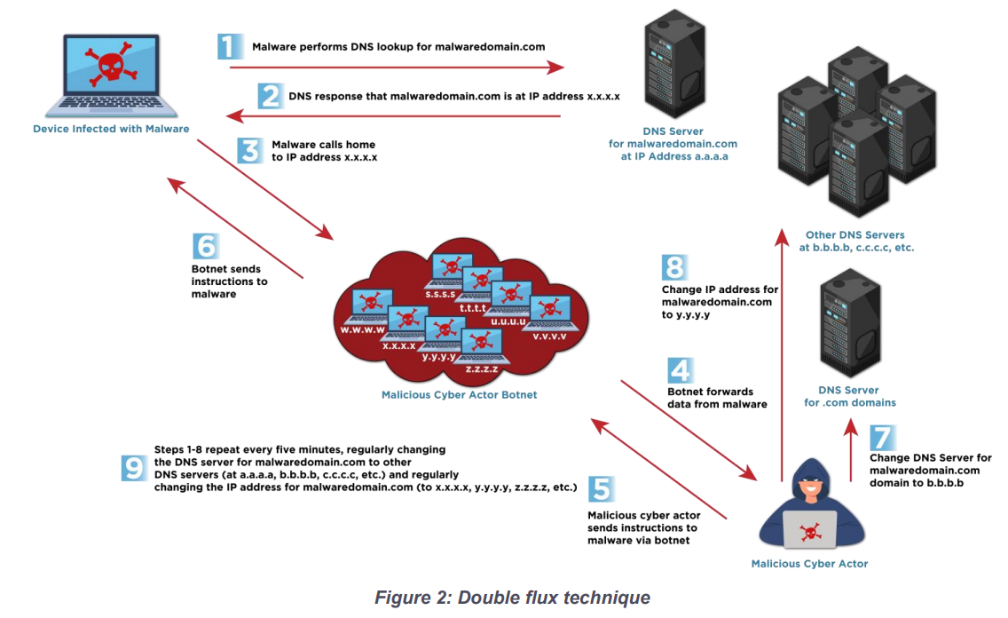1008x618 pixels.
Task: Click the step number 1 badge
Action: click(x=230, y=46)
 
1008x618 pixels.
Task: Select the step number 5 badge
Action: click(x=601, y=488)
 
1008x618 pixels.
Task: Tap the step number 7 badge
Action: click(x=883, y=438)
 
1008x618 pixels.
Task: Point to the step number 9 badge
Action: click(x=134, y=468)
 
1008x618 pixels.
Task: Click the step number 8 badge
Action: click(x=675, y=267)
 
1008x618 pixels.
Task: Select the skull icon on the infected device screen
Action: click(x=111, y=64)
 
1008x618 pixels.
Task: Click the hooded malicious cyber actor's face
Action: click(x=811, y=487)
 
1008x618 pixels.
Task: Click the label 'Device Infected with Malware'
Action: click(x=111, y=129)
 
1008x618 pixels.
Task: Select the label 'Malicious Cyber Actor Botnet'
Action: click(x=459, y=395)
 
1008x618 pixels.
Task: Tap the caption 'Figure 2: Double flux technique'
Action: click(x=512, y=598)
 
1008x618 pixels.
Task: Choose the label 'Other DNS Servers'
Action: click(x=855, y=234)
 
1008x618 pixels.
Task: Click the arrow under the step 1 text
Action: click(x=397, y=67)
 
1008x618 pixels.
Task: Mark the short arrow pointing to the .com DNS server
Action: click(x=850, y=450)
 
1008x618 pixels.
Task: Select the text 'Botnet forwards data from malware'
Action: click(x=717, y=398)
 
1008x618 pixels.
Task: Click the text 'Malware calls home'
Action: click(x=323, y=145)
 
